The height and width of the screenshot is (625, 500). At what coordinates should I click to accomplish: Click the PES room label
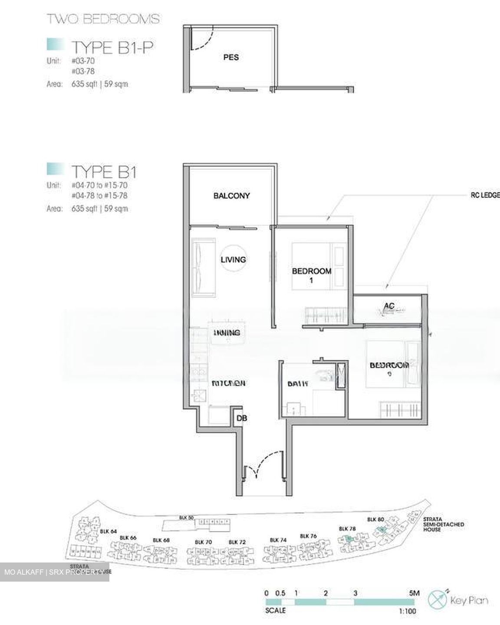coord(231,57)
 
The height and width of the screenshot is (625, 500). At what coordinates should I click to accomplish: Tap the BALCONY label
coord(231,196)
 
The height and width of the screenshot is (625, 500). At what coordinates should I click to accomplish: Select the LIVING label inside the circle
coord(233,260)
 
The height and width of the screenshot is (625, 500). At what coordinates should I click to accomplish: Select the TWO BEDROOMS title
coord(103,19)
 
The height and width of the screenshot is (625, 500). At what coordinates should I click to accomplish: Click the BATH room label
coord(298,384)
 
